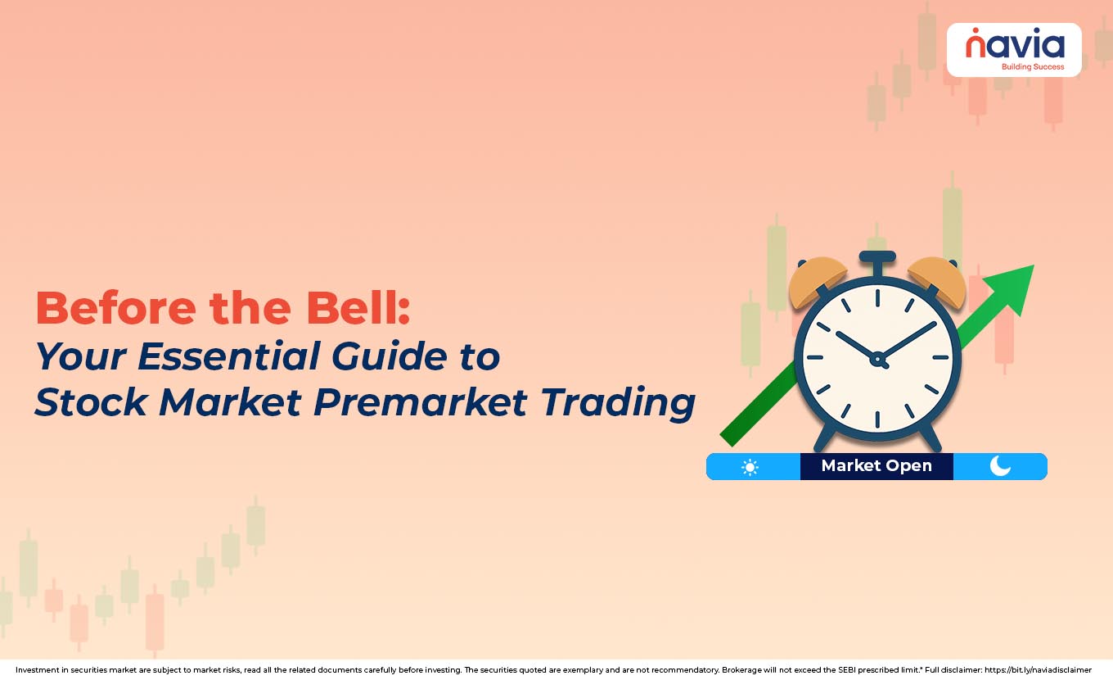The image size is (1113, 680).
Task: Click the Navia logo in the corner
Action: click(x=1013, y=49)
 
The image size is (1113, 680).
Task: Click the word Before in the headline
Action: click(x=114, y=309)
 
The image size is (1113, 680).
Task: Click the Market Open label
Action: click(x=876, y=466)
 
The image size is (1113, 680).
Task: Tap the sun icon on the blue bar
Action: click(x=750, y=467)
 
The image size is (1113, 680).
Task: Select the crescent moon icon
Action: click(x=1000, y=466)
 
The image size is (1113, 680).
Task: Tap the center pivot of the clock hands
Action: click(x=877, y=358)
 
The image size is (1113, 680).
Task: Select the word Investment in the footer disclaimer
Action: click(x=39, y=670)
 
